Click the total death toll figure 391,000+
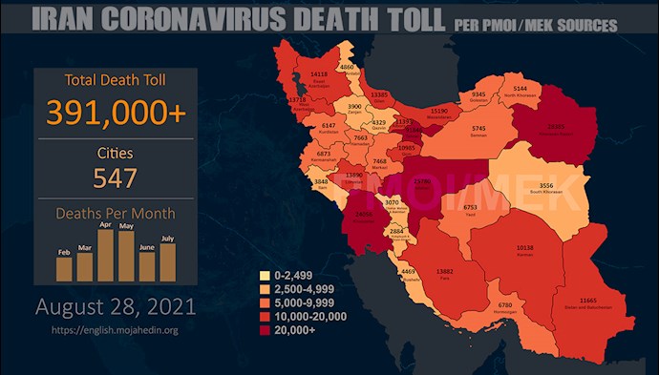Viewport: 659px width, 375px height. point(115,112)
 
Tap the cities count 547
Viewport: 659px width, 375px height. point(115,177)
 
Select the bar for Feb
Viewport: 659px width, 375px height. point(64,268)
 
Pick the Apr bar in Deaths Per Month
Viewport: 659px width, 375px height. point(103,257)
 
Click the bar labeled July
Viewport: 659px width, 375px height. point(167,263)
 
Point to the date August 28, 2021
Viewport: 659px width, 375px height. point(116,308)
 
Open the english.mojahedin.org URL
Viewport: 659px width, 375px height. point(116,330)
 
